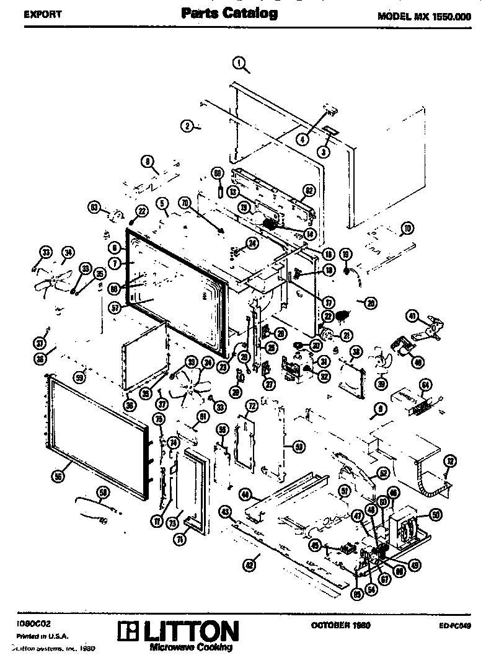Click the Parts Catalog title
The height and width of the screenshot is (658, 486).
(229, 12)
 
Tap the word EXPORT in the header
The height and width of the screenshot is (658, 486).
(43, 15)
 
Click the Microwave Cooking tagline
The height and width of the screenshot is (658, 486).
(191, 647)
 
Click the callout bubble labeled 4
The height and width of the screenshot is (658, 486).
(303, 139)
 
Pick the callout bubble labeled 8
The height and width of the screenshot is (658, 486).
(148, 162)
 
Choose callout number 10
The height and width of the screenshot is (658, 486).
(407, 229)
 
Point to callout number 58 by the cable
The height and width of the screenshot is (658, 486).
(102, 492)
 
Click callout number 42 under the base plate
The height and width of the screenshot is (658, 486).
(249, 564)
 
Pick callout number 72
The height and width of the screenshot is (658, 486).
(252, 406)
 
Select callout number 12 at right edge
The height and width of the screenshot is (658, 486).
(451, 460)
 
